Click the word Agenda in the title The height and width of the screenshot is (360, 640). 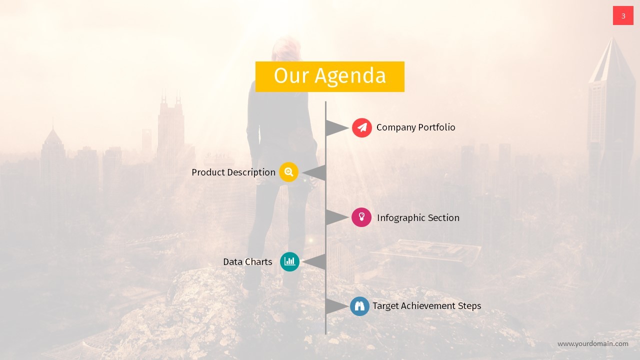coord(350,76)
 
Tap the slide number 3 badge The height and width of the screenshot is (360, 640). coord(623,16)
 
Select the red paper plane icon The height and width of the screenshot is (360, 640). coord(361,127)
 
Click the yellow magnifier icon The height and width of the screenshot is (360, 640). coord(288,172)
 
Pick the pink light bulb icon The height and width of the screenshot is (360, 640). coord(361,217)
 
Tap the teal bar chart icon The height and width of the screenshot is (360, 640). coord(289,261)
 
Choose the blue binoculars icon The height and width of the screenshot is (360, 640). coord(359,306)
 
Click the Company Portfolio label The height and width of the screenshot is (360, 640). coord(415,127)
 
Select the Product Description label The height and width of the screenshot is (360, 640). coord(233,172)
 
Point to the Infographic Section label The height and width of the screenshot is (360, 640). coord(418,218)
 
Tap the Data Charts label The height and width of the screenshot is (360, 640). coord(247,262)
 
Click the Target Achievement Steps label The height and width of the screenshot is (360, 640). coord(426,306)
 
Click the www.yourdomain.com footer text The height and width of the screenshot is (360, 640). coord(592,343)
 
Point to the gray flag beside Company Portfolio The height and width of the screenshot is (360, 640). coord(335,128)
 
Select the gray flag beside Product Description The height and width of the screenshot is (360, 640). coord(316,173)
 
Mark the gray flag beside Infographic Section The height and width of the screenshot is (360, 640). coord(335,217)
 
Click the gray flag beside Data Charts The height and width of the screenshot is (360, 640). coord(316,262)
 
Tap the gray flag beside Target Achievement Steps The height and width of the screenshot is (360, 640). coord(335,306)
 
